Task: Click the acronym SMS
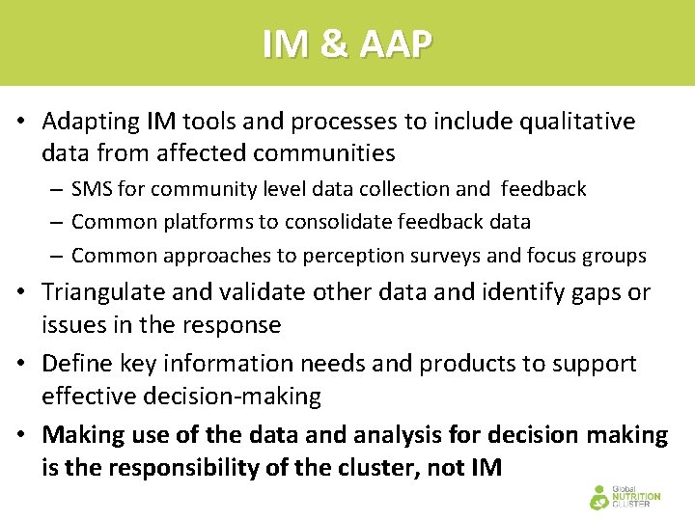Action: pos(93,189)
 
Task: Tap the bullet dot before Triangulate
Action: pos(20,292)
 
